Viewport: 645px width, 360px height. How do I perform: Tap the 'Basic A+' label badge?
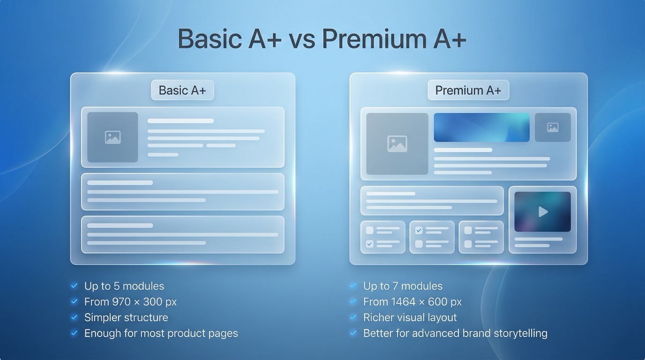pyautogui.click(x=182, y=90)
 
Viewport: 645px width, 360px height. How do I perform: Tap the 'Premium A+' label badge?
pyautogui.click(x=468, y=90)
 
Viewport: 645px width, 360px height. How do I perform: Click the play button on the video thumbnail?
pyautogui.click(x=543, y=212)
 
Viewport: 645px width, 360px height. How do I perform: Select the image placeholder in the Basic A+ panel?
pyautogui.click(x=113, y=137)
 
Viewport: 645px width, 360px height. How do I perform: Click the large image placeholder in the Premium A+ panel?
pyautogui.click(x=397, y=144)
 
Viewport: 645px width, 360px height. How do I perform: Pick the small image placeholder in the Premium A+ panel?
pyautogui.click(x=553, y=127)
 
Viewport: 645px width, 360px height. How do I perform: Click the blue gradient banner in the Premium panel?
pyautogui.click(x=481, y=127)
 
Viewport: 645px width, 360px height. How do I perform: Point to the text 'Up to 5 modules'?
pyautogui.click(x=124, y=286)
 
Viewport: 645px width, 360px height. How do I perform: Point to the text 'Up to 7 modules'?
pyautogui.click(x=403, y=286)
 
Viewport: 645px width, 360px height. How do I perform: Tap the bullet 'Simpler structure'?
pyautogui.click(x=126, y=317)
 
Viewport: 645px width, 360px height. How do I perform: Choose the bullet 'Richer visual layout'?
pyautogui.click(x=410, y=317)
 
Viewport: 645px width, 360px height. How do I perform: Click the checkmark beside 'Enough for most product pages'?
pyautogui.click(x=74, y=333)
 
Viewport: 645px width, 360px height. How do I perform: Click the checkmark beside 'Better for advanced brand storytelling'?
pyautogui.click(x=353, y=333)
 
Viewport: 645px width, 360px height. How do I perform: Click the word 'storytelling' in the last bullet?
pyautogui.click(x=521, y=333)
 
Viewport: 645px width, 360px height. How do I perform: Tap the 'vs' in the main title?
pyautogui.click(x=301, y=38)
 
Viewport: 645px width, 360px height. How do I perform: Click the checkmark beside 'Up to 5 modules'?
pyautogui.click(x=74, y=285)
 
